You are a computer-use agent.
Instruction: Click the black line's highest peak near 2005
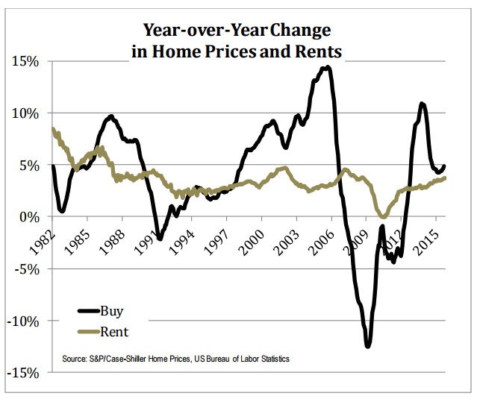point(327,67)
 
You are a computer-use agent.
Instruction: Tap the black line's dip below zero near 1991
point(160,239)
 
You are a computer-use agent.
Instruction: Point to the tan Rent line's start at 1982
point(52,129)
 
